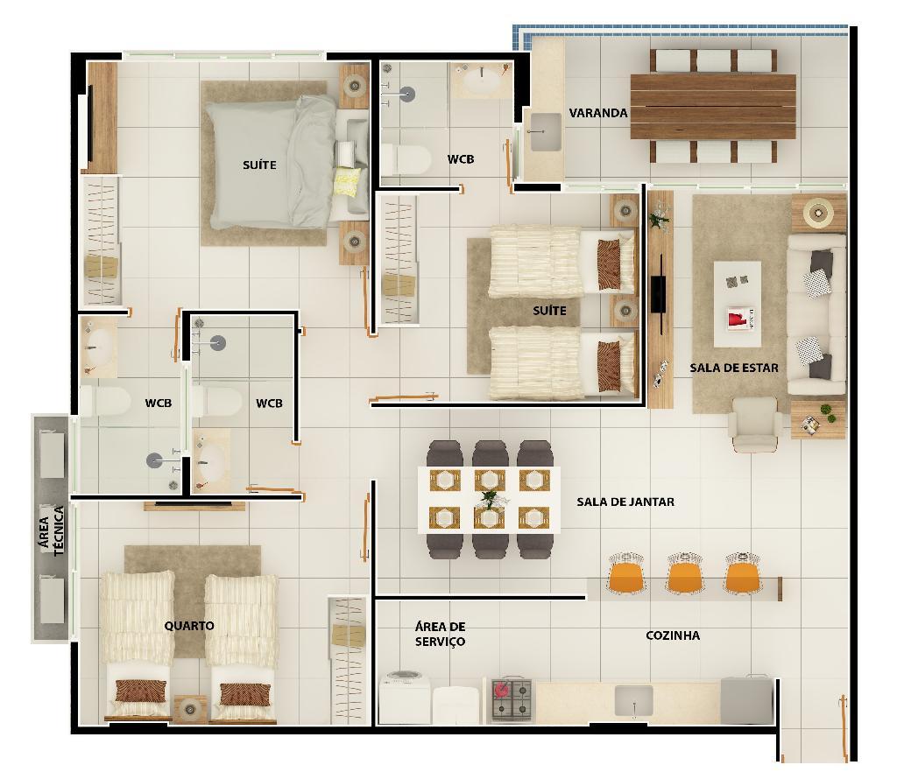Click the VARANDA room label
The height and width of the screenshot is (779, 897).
(x=597, y=113)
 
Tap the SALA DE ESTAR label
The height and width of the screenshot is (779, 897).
(x=734, y=368)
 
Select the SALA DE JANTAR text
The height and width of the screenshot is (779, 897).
(x=625, y=502)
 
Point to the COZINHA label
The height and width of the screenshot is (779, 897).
(x=673, y=635)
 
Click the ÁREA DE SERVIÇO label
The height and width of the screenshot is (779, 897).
(x=440, y=635)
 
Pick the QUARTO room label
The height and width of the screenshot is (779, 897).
(x=189, y=626)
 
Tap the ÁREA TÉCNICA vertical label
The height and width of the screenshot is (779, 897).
(x=51, y=531)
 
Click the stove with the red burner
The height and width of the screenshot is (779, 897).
(x=512, y=699)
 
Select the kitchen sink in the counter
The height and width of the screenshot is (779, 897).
(x=634, y=701)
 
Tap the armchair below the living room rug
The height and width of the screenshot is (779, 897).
(x=755, y=425)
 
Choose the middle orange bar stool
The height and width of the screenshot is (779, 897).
(x=685, y=573)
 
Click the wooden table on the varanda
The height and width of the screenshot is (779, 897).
(x=713, y=107)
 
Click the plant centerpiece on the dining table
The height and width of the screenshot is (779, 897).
(x=489, y=501)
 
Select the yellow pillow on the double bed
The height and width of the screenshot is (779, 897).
(x=347, y=181)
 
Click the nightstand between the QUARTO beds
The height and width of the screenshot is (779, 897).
(x=190, y=709)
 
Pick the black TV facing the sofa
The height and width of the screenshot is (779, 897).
(x=659, y=294)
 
